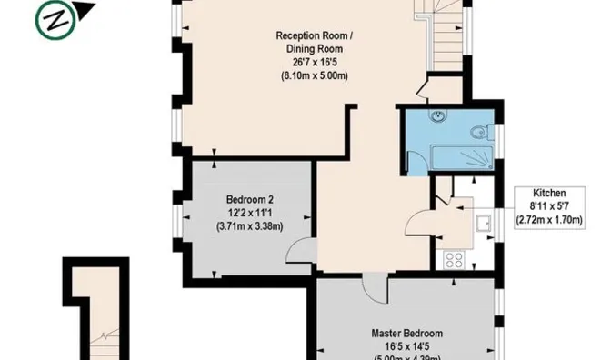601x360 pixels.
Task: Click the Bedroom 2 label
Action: point(250,199)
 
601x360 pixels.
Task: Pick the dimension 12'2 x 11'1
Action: point(250,213)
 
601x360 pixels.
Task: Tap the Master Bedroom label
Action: point(407,333)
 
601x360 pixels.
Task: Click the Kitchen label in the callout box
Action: point(550,194)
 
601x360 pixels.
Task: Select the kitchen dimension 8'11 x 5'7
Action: point(550,206)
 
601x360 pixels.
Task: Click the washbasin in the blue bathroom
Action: point(438,116)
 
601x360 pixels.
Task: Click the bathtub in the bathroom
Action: point(459,160)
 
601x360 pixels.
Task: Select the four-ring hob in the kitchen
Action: point(454,260)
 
